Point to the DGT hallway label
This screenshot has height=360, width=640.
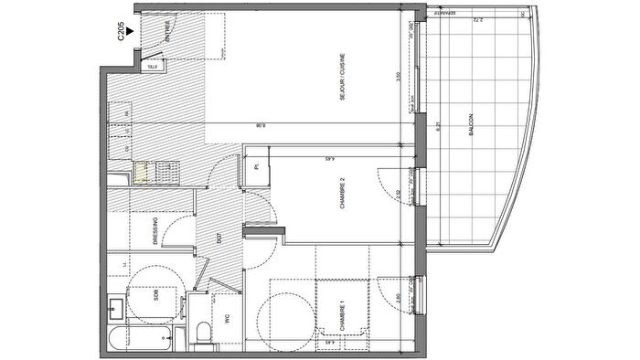[x=219, y=239]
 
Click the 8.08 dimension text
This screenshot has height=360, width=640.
[x=261, y=127]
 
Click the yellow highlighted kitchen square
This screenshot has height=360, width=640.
[x=140, y=171]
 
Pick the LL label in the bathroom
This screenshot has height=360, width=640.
[x=124, y=265]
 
